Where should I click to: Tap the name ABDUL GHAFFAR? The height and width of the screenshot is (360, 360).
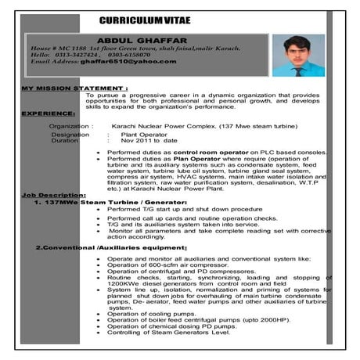pyautogui.click(x=141, y=39)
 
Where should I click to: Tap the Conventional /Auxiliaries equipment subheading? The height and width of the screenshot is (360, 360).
pyautogui.click(x=110, y=248)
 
